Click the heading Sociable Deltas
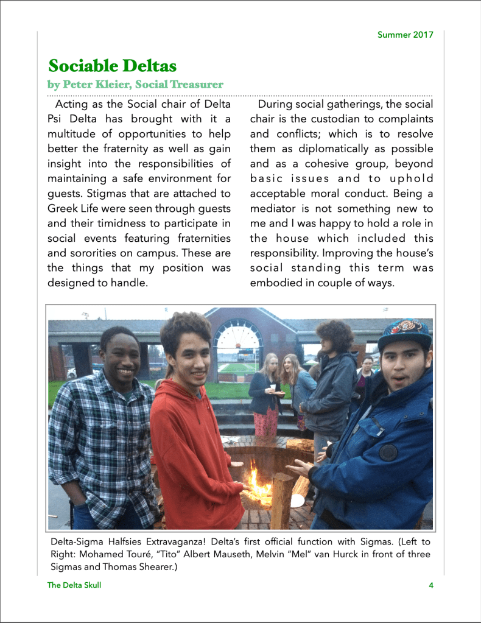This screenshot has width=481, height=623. (112, 65)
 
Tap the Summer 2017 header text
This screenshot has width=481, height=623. (405, 35)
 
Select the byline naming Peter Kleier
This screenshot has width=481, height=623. (135, 84)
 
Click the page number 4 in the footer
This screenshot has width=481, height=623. (430, 586)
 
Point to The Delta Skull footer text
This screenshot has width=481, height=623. (74, 586)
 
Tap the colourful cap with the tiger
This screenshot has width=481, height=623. (405, 333)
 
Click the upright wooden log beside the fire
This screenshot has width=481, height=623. (282, 500)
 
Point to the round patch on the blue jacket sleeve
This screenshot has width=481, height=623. (388, 452)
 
